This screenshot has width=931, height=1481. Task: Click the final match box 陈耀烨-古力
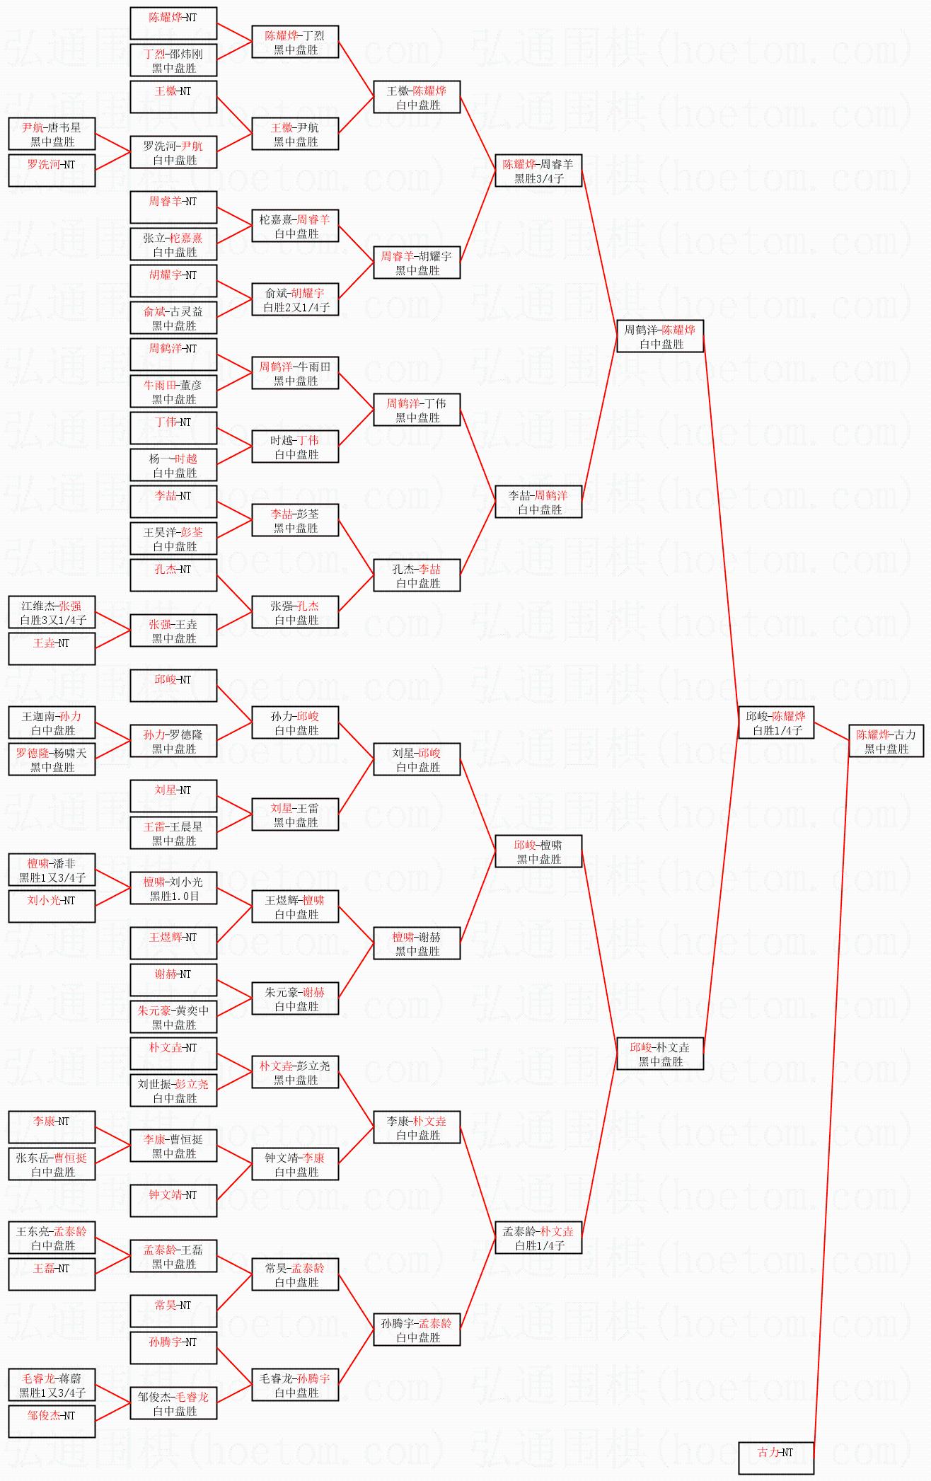click(886, 741)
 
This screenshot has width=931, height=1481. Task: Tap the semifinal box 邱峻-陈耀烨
click(775, 722)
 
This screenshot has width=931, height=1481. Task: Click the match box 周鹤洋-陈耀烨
click(660, 336)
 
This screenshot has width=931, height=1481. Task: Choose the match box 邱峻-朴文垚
click(660, 1054)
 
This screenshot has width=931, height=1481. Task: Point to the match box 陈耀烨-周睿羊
click(538, 171)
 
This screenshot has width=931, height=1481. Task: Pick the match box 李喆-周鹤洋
click(538, 502)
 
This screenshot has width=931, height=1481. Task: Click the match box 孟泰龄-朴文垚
click(538, 1238)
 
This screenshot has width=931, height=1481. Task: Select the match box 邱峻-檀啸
click(538, 851)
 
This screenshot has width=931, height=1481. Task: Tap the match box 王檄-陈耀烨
click(417, 97)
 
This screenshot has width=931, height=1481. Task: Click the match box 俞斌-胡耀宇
click(295, 299)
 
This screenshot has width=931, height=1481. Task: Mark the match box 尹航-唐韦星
click(52, 134)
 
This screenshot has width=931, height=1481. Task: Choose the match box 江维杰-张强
click(52, 612)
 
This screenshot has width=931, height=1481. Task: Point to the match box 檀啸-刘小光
click(173, 888)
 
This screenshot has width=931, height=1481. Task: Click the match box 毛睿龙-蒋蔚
click(52, 1385)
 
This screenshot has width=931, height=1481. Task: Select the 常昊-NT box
click(173, 1311)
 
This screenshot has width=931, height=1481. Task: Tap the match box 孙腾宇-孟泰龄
click(417, 1330)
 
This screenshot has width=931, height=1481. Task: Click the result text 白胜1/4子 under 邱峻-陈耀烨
click(777, 730)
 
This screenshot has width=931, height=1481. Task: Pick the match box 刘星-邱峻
click(417, 759)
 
